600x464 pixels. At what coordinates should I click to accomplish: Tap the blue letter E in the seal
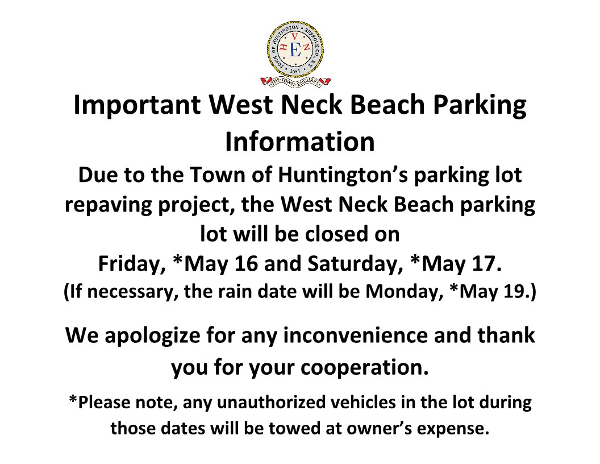point(295,50)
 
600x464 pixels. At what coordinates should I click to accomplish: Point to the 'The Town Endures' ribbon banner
point(295,81)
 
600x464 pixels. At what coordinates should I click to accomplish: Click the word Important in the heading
point(137,105)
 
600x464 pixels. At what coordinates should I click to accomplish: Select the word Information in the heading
point(300,142)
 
